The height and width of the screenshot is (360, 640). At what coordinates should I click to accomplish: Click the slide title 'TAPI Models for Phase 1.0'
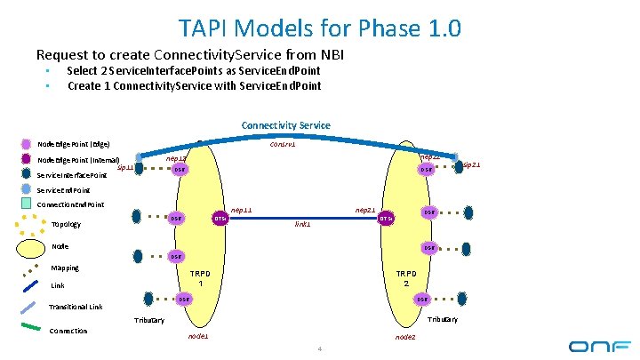click(319, 28)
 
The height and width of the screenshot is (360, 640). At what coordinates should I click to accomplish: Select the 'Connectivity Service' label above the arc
click(285, 125)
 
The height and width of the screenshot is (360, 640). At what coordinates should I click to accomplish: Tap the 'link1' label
click(302, 224)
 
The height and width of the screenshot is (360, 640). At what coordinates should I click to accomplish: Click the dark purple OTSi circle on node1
click(219, 219)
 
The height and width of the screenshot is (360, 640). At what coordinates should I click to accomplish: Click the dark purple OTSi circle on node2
click(386, 219)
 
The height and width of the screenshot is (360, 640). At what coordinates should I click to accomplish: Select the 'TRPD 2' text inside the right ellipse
click(405, 278)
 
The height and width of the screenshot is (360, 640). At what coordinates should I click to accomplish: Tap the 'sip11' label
click(126, 166)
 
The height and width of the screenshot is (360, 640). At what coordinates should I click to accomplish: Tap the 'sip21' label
click(471, 164)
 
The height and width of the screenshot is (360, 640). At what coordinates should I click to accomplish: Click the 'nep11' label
click(241, 210)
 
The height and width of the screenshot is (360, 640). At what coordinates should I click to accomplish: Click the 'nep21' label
click(364, 210)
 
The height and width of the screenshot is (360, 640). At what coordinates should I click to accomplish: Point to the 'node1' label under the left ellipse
click(198, 337)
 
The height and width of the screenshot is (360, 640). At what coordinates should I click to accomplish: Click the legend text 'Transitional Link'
click(76, 308)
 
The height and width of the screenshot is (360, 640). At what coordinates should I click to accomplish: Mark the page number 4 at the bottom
click(319, 348)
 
